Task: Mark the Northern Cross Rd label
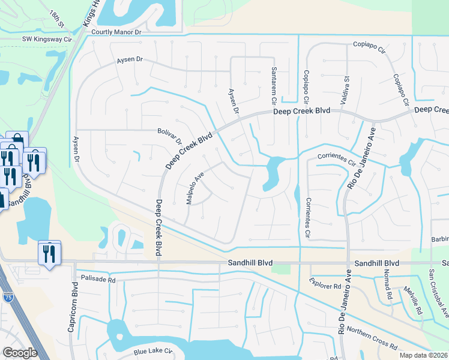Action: coord(372,339)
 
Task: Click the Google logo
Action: coord(19,353)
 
